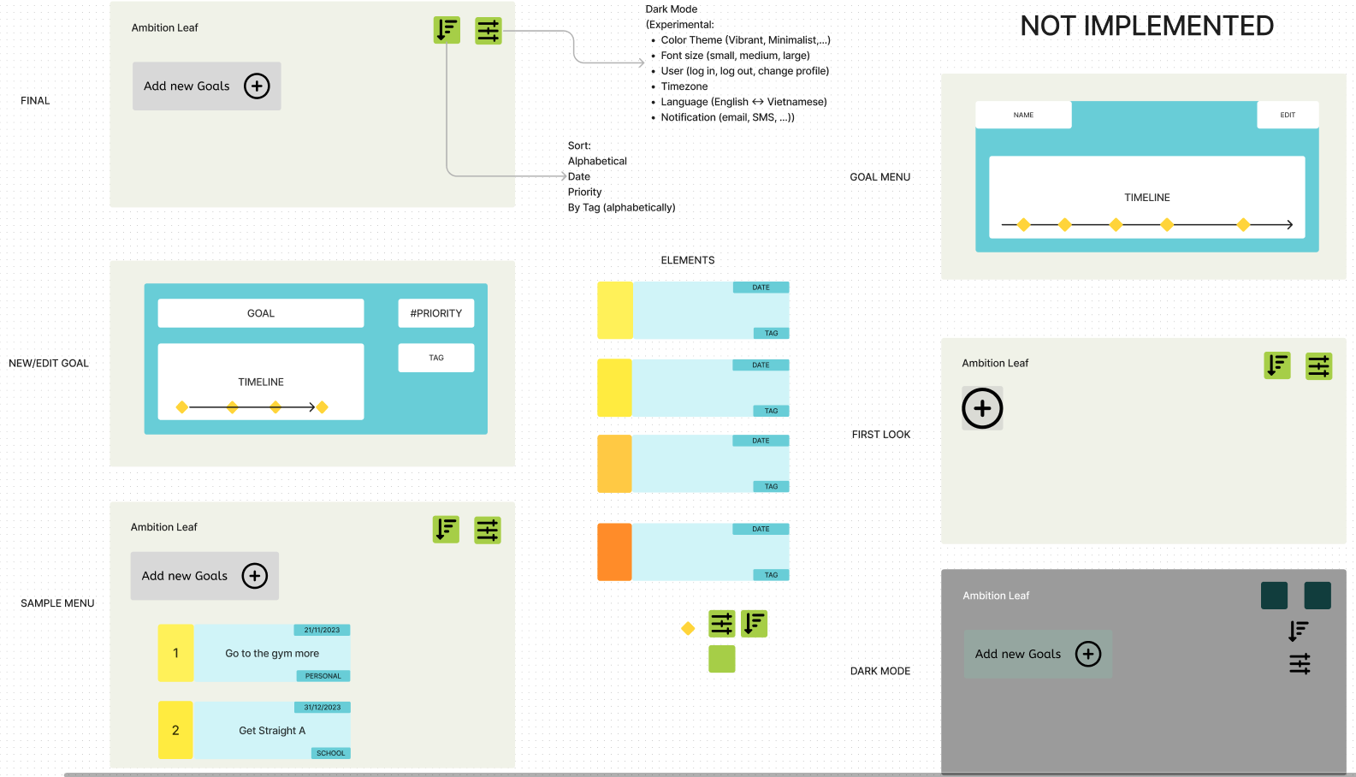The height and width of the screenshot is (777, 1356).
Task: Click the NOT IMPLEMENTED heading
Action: click(x=1146, y=27)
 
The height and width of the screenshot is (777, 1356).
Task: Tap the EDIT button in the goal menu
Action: click(x=1287, y=115)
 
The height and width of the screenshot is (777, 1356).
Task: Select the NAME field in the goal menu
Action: click(x=1023, y=115)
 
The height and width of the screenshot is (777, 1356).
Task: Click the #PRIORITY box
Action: click(x=435, y=313)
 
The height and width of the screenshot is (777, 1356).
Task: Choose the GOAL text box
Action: click(x=261, y=313)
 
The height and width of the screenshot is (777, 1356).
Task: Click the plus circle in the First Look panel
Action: click(x=982, y=408)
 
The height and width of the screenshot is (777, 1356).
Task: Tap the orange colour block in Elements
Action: click(x=614, y=552)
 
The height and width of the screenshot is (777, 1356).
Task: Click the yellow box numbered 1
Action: click(x=175, y=653)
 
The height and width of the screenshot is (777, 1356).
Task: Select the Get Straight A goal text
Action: click(x=272, y=731)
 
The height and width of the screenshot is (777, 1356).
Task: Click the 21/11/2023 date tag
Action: click(x=322, y=630)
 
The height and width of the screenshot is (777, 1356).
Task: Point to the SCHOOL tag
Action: click(x=330, y=753)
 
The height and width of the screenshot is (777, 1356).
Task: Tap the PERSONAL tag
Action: click(x=323, y=676)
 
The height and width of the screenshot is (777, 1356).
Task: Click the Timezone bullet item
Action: click(x=684, y=86)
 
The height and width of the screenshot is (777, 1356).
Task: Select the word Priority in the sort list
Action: click(x=584, y=192)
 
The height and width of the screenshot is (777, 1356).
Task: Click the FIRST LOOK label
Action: click(x=880, y=435)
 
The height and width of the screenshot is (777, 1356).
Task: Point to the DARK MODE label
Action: click(x=879, y=671)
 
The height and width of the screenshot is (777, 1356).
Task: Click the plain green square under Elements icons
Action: click(x=721, y=659)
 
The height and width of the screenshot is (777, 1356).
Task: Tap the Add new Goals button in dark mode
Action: click(x=1038, y=654)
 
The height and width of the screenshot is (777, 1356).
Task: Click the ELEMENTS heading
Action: click(x=687, y=260)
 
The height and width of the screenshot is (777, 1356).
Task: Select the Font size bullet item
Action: click(x=735, y=56)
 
